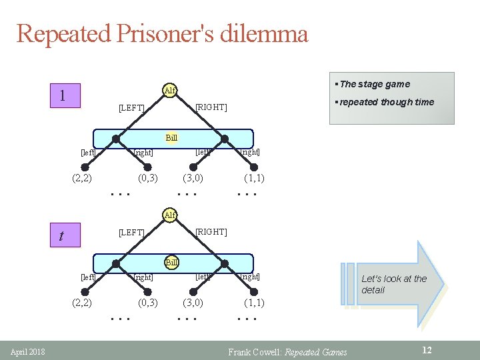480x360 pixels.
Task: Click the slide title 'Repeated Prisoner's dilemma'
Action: click(162, 33)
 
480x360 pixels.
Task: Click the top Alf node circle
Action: click(171, 90)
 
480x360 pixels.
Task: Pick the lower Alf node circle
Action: click(171, 215)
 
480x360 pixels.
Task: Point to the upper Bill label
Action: click(171, 138)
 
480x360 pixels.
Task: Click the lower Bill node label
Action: click(171, 262)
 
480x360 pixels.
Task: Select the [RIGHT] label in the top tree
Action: click(211, 107)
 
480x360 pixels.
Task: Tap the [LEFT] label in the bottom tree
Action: click(131, 232)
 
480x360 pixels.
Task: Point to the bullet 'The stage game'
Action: click(375, 84)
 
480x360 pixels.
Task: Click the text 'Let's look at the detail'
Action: click(393, 284)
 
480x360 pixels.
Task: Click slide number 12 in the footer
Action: click(427, 350)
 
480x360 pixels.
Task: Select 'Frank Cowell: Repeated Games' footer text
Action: click(287, 352)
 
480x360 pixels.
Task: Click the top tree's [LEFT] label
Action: click(131, 107)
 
